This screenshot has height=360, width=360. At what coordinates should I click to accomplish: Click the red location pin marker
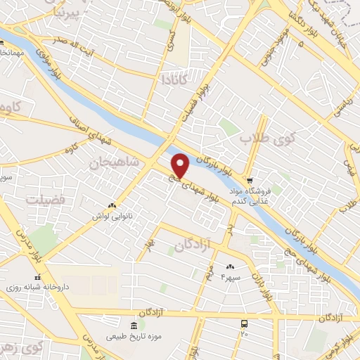click(x=181, y=166)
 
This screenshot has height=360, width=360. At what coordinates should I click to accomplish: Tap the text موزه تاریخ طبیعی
click(x=134, y=336)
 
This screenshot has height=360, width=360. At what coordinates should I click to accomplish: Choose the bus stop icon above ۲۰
click(x=244, y=323)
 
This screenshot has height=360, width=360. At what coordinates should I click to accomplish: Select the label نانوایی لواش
click(x=112, y=217)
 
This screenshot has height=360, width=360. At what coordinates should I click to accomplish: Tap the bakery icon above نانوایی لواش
click(x=112, y=205)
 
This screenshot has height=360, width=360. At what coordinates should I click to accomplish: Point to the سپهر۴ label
click(x=231, y=278)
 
